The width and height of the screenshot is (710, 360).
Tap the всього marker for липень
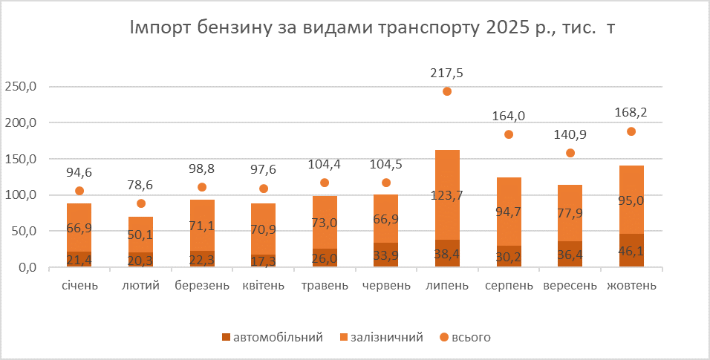[447, 91]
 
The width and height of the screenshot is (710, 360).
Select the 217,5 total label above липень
[447, 73]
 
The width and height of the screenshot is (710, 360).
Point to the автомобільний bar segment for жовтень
[631, 250]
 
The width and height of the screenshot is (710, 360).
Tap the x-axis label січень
[79, 286]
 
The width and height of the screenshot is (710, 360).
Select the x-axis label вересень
[570, 286]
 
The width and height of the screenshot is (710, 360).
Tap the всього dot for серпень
[509, 134]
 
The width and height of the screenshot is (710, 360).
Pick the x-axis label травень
[325, 286]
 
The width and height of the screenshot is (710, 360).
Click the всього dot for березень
[202, 187]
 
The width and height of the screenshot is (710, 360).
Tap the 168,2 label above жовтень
[631, 114]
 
